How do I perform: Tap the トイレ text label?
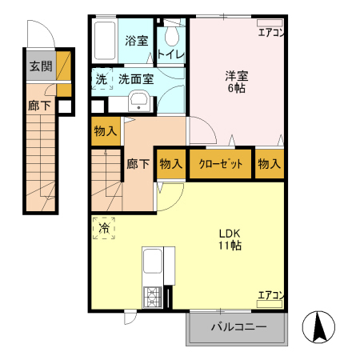point(171,54)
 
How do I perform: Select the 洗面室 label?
point(136,79)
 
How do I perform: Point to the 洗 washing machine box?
point(102,79)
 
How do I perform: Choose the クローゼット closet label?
point(221,163)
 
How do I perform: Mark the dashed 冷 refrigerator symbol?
point(103,229)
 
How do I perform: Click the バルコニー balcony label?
point(238,326)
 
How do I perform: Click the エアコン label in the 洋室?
point(270,33)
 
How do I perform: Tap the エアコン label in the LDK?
point(270,297)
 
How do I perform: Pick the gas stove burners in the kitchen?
point(152,297)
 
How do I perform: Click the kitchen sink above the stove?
point(152,264)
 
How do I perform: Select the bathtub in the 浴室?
point(105,40)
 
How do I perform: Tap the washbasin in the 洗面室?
point(138,101)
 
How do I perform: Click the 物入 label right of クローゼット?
point(270,163)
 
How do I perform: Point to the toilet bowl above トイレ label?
point(171,37)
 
